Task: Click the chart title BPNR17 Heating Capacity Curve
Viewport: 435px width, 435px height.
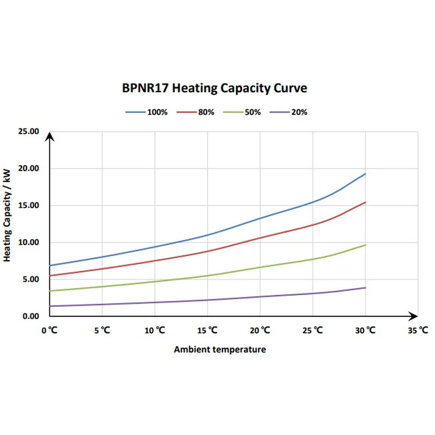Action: click(x=214, y=88)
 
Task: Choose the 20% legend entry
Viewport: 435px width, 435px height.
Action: click(x=298, y=112)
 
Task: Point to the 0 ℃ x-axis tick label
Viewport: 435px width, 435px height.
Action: click(x=49, y=330)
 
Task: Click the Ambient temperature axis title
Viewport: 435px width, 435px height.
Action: click(x=220, y=350)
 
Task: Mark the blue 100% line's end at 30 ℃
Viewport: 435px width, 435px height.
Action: click(x=365, y=174)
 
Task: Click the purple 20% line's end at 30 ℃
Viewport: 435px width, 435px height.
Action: click(x=365, y=288)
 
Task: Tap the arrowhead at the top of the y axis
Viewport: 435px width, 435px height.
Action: click(x=49, y=136)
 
